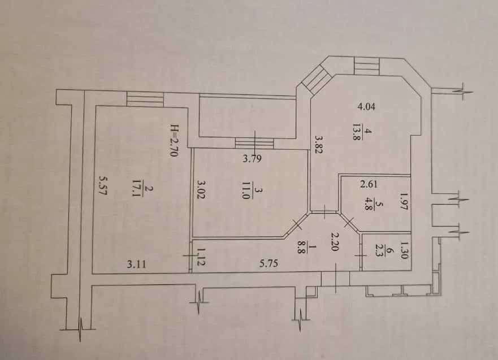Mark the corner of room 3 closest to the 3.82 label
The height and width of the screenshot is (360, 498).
pos(308,149)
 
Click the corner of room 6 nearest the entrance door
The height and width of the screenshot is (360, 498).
pos(361,271)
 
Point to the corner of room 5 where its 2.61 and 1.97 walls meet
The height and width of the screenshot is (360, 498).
pos(410,176)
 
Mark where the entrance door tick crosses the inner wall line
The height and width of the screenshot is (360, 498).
pos(336,271)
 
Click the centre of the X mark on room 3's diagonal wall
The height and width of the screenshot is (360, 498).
pos(297,225)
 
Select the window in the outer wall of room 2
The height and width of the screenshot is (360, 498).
pos(145,99)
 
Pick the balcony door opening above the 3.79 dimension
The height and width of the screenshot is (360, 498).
pos(254,143)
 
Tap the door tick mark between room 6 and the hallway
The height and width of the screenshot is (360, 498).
pos(361,255)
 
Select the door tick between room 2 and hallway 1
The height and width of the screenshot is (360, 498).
pos(190,255)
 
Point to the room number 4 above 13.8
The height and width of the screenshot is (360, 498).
pos(369,131)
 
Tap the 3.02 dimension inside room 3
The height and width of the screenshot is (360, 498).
pos(201,189)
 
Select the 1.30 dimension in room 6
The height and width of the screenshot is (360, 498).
pos(404,250)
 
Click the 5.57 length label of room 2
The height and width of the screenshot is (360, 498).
pos(102,186)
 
